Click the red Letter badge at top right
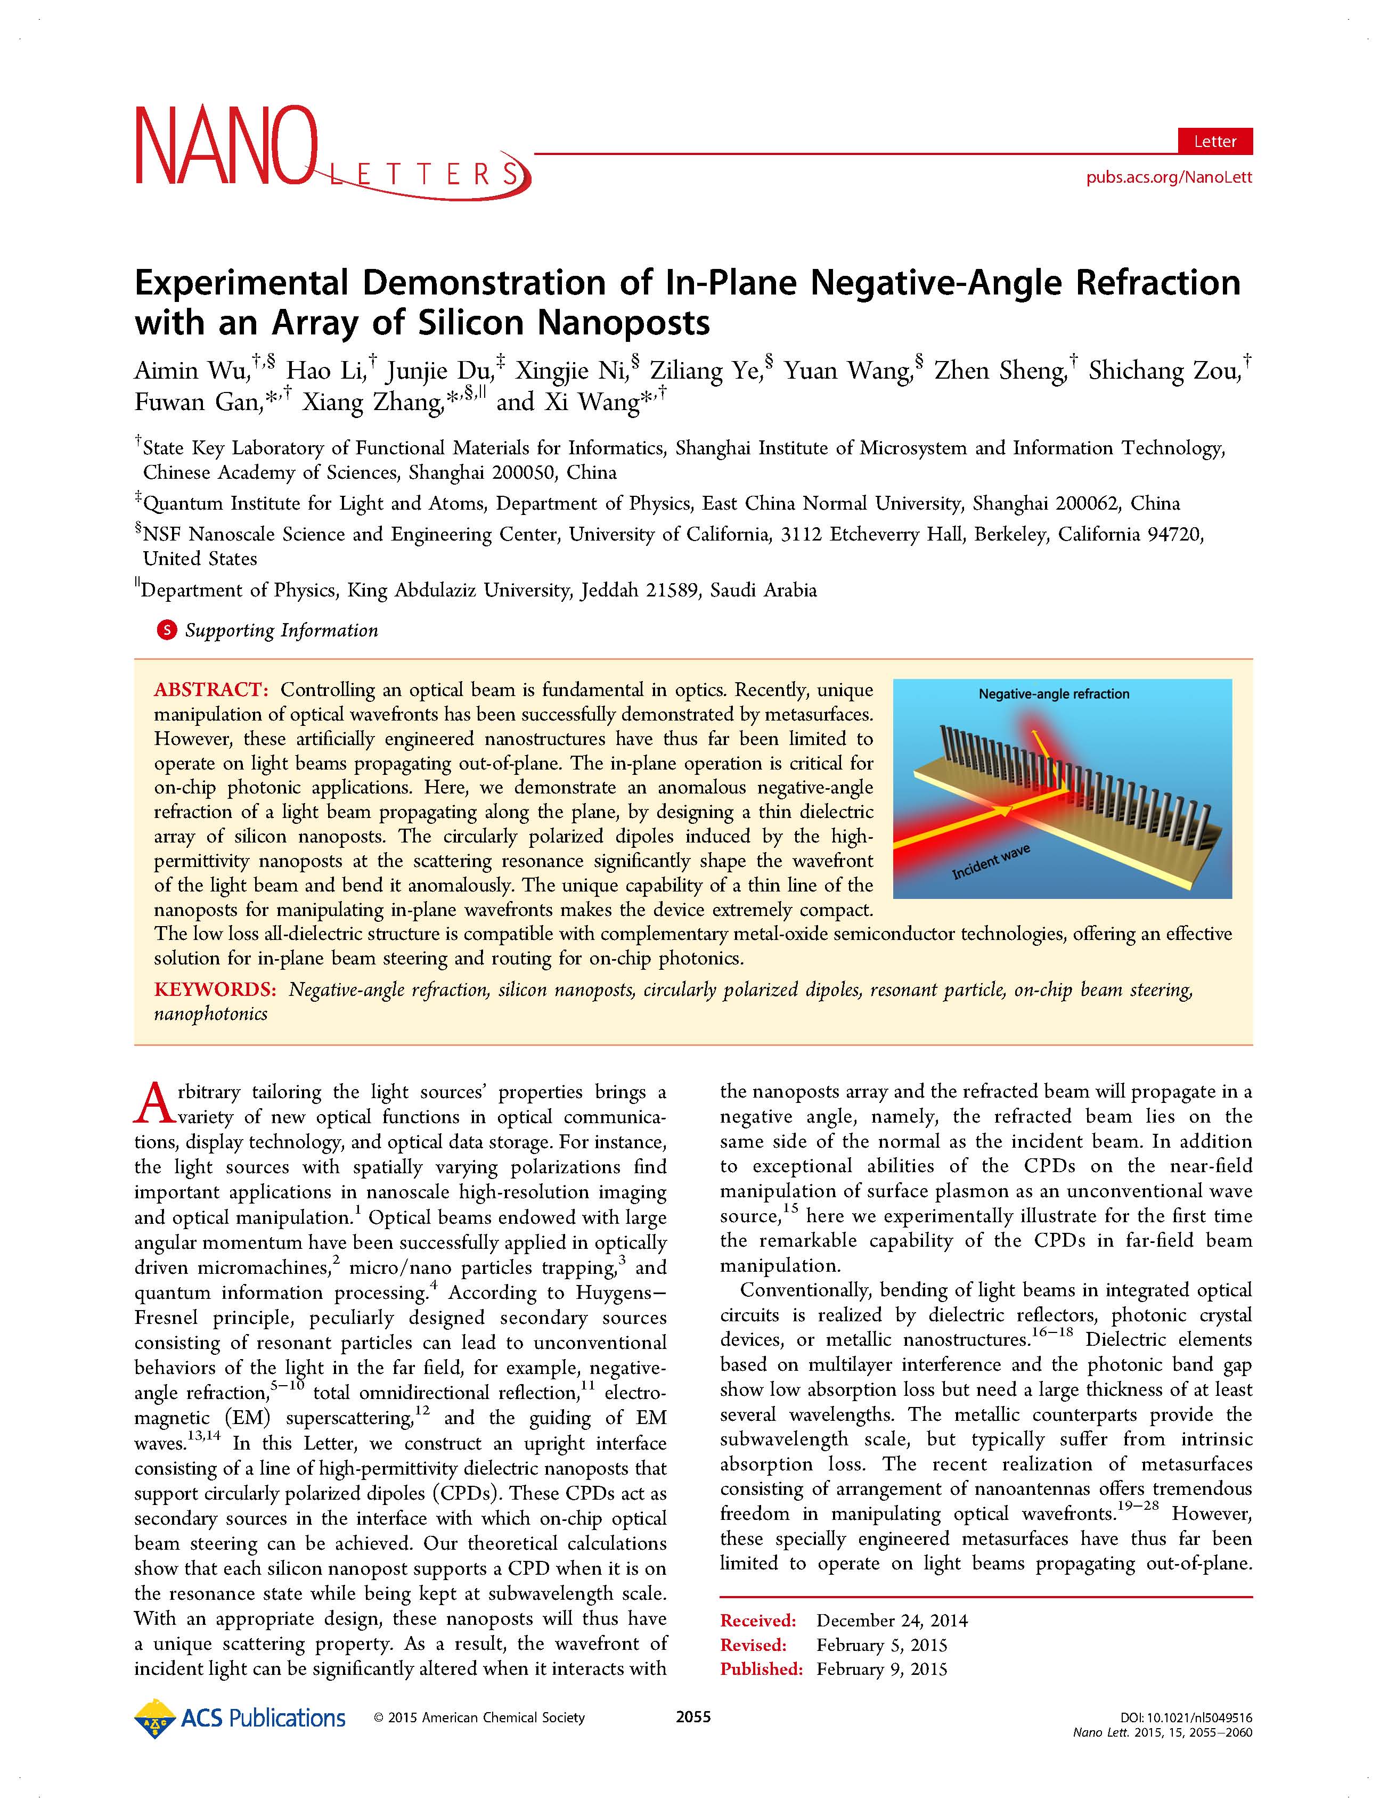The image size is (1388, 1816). (1214, 141)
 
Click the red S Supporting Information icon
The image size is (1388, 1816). (166, 631)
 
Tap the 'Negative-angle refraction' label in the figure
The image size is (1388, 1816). (1054, 694)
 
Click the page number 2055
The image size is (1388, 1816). (693, 1717)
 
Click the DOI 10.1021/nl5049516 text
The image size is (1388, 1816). (1181, 1717)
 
